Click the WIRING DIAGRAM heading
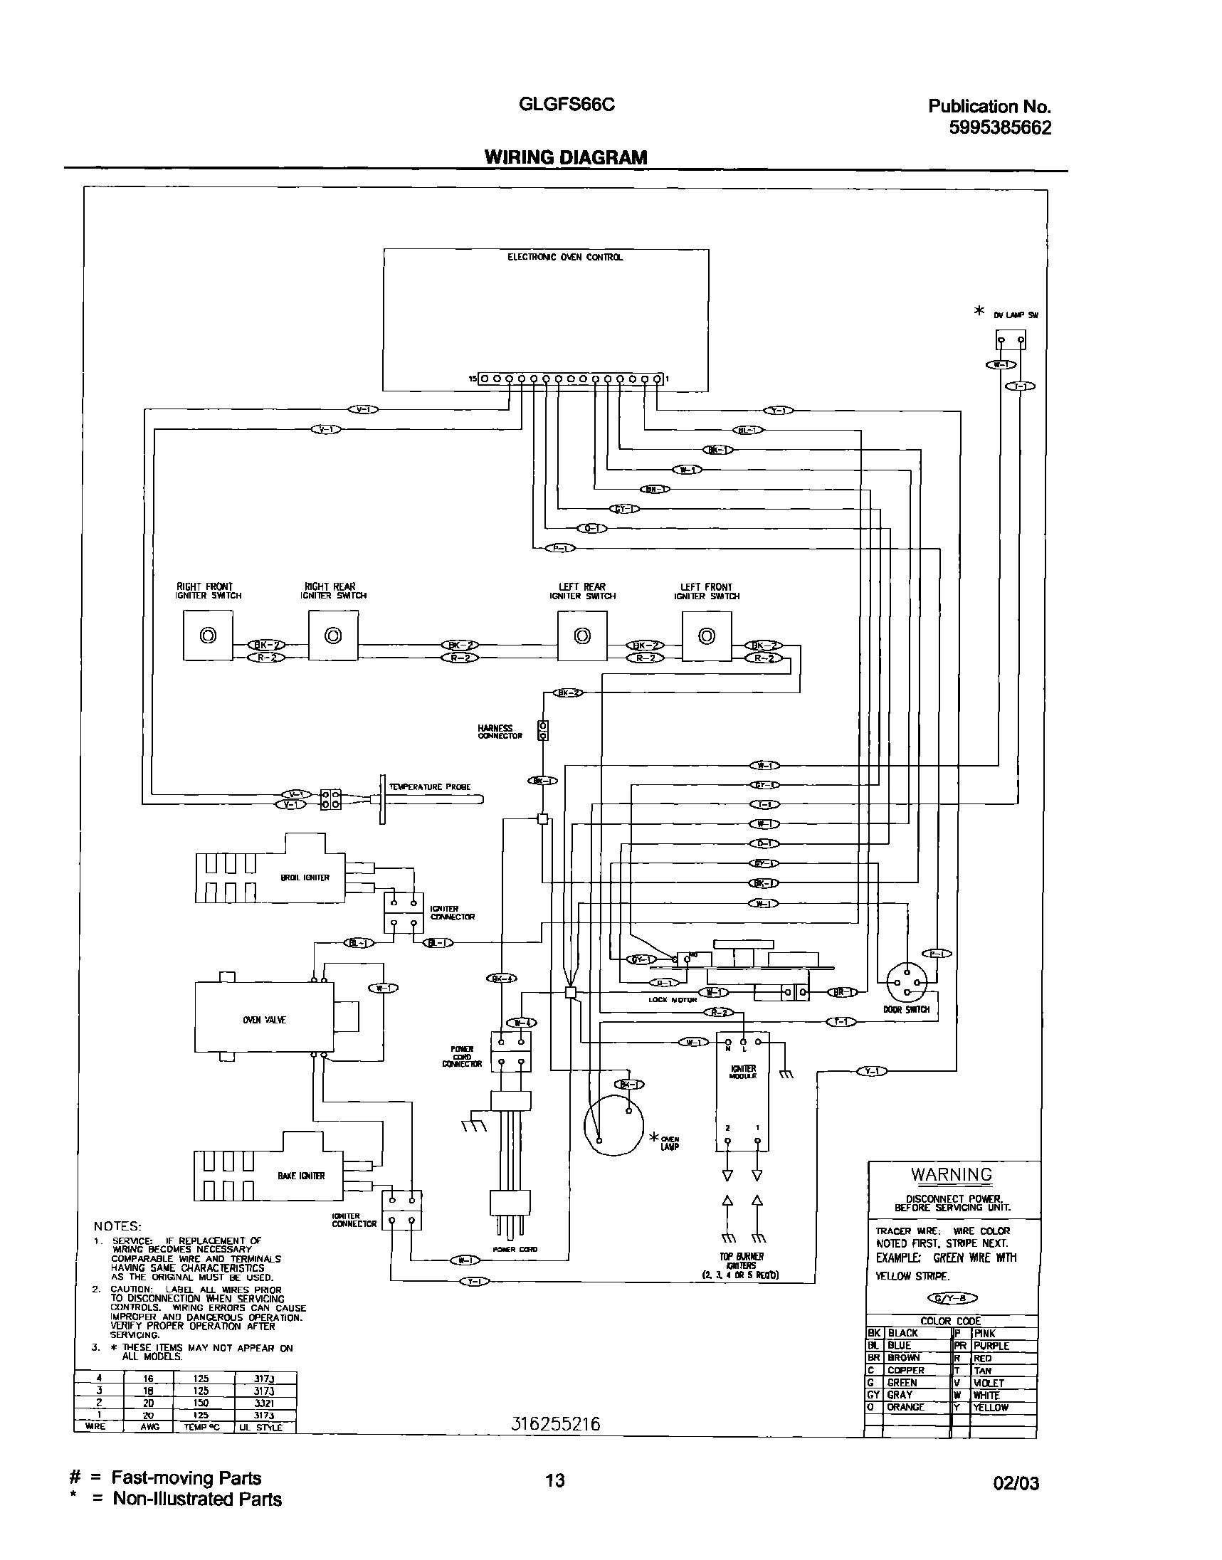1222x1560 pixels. pyautogui.click(x=565, y=157)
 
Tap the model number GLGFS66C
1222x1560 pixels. pyautogui.click(x=566, y=105)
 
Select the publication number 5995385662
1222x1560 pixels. pyautogui.click(x=999, y=128)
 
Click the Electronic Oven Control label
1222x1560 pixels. pyautogui.click(x=565, y=258)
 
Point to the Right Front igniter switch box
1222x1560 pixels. pyautogui.click(x=208, y=635)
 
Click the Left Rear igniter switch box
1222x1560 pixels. pyautogui.click(x=582, y=635)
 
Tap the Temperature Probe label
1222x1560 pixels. pyautogui.click(x=429, y=787)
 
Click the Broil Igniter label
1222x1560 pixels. pyautogui.click(x=305, y=877)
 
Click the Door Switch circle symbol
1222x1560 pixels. pyautogui.click(x=907, y=984)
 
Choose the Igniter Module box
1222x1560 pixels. pyautogui.click(x=742, y=1092)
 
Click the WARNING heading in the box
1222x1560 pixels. pyautogui.click(x=951, y=1174)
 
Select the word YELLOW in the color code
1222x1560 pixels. pyautogui.click(x=991, y=1408)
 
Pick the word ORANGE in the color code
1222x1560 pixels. pyautogui.click(x=906, y=1407)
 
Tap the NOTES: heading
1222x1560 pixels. pyautogui.click(x=117, y=1227)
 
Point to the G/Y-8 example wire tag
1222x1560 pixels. pyautogui.click(x=952, y=1298)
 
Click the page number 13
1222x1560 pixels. pyautogui.click(x=555, y=1480)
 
